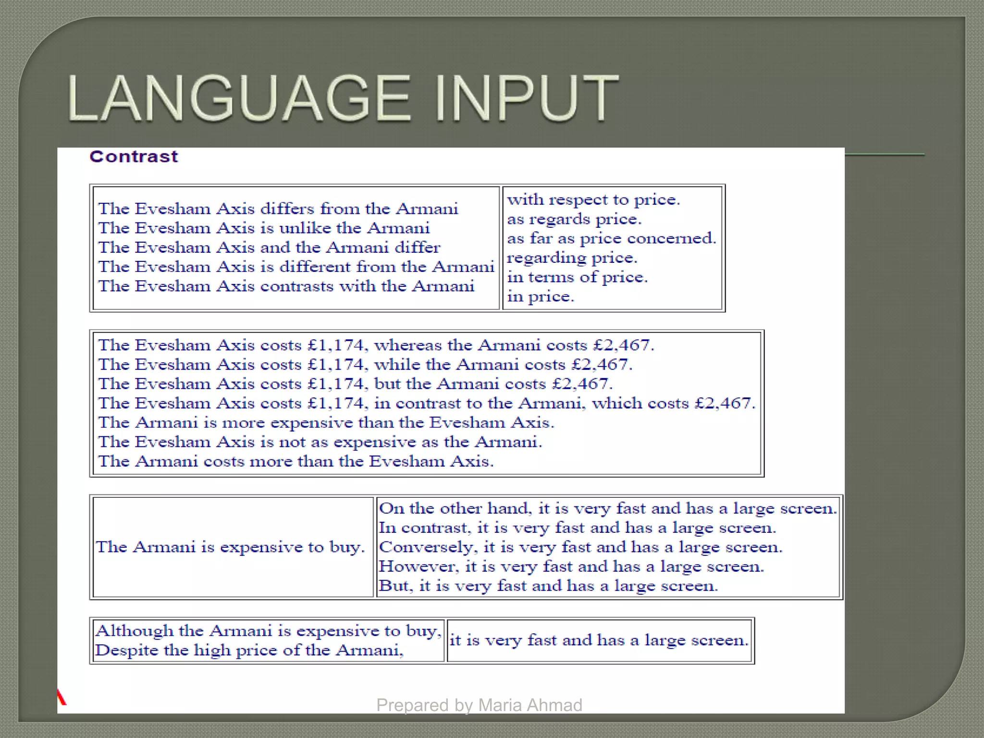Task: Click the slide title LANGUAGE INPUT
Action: pyautogui.click(x=343, y=98)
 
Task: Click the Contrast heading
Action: pyautogui.click(x=134, y=157)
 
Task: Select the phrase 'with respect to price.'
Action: pyautogui.click(x=593, y=200)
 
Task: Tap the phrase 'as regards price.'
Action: pyautogui.click(x=574, y=220)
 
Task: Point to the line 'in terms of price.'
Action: pyautogui.click(x=577, y=277)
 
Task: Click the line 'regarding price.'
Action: pyautogui.click(x=572, y=258)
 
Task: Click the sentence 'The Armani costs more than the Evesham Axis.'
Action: pyautogui.click(x=295, y=461)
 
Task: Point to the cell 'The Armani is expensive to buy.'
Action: pyautogui.click(x=231, y=547)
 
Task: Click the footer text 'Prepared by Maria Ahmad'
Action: pyautogui.click(x=479, y=705)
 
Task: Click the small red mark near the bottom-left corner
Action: pyautogui.click(x=61, y=697)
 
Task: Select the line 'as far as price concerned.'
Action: pyautogui.click(x=611, y=239)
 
